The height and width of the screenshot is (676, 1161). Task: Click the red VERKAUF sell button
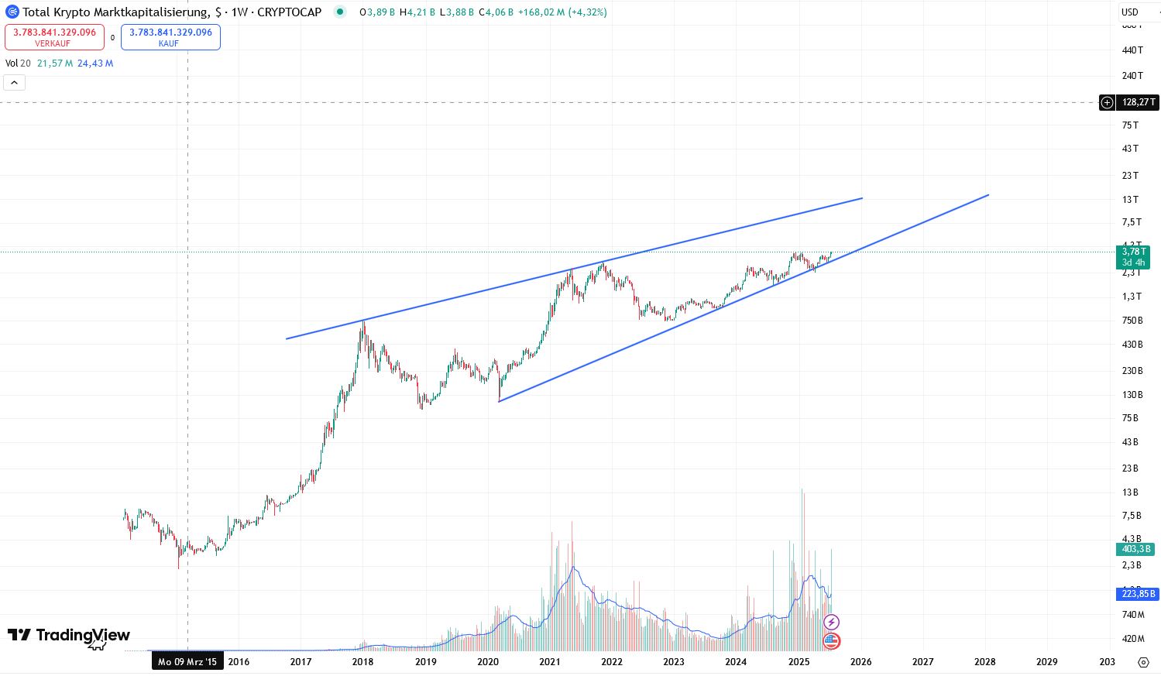tap(54, 37)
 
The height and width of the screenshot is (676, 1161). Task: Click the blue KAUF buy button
tap(170, 37)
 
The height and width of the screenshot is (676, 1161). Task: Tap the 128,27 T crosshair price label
tap(1138, 102)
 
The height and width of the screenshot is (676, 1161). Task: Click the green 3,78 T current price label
tap(1133, 256)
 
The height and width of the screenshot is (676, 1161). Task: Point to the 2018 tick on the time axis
tap(362, 661)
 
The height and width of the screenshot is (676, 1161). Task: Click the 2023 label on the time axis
tap(673, 661)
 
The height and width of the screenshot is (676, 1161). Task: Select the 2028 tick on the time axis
tap(984, 661)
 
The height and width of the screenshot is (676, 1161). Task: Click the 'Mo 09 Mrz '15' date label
tap(187, 661)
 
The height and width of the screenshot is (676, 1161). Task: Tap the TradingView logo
tap(69, 636)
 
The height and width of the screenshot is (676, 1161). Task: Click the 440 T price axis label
tap(1132, 50)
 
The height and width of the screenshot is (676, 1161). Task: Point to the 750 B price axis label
tap(1132, 321)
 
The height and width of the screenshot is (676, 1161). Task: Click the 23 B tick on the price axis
tap(1130, 468)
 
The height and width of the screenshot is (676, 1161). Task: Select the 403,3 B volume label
tap(1136, 549)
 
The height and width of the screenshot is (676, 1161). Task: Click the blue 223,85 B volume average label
tap(1138, 594)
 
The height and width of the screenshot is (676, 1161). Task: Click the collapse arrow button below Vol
tap(15, 82)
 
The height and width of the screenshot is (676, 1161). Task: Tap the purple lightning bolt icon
tap(831, 622)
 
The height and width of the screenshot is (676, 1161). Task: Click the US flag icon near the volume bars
tap(831, 641)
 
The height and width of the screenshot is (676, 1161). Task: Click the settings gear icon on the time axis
tap(1143, 662)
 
